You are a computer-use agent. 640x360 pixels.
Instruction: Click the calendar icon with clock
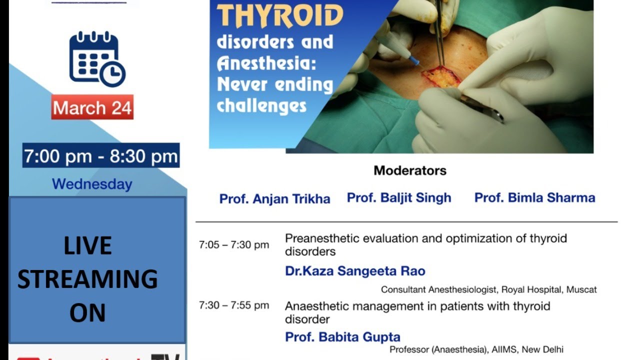pos(97,59)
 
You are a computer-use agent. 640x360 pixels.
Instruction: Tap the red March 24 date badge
pos(92,107)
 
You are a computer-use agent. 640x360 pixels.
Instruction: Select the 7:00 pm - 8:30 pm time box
pos(101,156)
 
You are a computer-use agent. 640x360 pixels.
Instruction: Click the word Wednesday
pos(92,184)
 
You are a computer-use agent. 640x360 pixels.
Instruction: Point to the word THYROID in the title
pos(280,16)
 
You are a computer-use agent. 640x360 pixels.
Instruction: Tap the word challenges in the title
pos(261,105)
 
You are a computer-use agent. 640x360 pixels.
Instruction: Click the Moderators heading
pos(410,170)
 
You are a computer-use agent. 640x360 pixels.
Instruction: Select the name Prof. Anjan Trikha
pos(274,198)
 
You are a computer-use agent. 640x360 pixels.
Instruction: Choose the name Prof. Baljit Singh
pos(399,197)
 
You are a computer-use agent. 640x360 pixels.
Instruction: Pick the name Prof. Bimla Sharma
pos(534,197)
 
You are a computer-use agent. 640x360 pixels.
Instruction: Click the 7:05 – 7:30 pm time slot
pos(234,245)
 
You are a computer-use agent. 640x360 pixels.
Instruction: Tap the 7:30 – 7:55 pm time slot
pos(234,305)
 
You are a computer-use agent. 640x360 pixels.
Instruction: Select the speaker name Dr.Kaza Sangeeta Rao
pos(355,271)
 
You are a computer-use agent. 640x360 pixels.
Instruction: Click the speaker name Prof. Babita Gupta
pos(342,337)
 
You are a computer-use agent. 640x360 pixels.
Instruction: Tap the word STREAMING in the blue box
pos(87,279)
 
